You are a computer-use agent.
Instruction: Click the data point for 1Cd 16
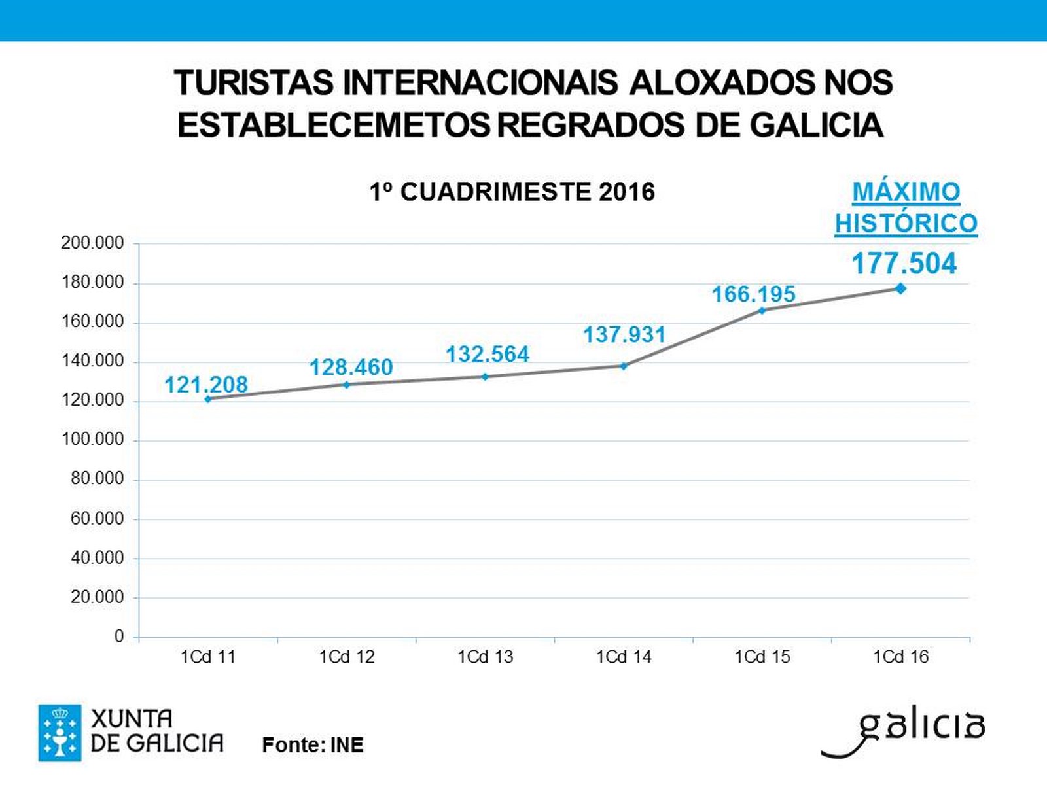point(900,288)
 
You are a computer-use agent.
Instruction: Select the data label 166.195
point(753,294)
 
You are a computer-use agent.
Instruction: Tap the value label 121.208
point(206,385)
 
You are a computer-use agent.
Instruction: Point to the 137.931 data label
point(624,335)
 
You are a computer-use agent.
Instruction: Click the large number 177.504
point(904,264)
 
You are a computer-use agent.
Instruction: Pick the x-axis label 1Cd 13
point(485,657)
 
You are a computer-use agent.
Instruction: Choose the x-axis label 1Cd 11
point(208,657)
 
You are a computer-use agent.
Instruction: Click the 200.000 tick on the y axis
point(92,243)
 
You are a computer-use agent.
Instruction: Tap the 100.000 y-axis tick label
point(92,440)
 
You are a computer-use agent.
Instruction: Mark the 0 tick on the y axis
point(119,637)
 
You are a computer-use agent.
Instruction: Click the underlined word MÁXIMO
point(906,192)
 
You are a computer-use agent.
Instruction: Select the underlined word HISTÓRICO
point(906,224)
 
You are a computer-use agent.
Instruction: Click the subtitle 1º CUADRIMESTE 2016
point(512,192)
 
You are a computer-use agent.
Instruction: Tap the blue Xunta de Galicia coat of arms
point(60,733)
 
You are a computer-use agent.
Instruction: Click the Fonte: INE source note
point(313,745)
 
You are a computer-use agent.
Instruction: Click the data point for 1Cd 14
point(624,366)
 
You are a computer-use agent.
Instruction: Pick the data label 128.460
point(351,368)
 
